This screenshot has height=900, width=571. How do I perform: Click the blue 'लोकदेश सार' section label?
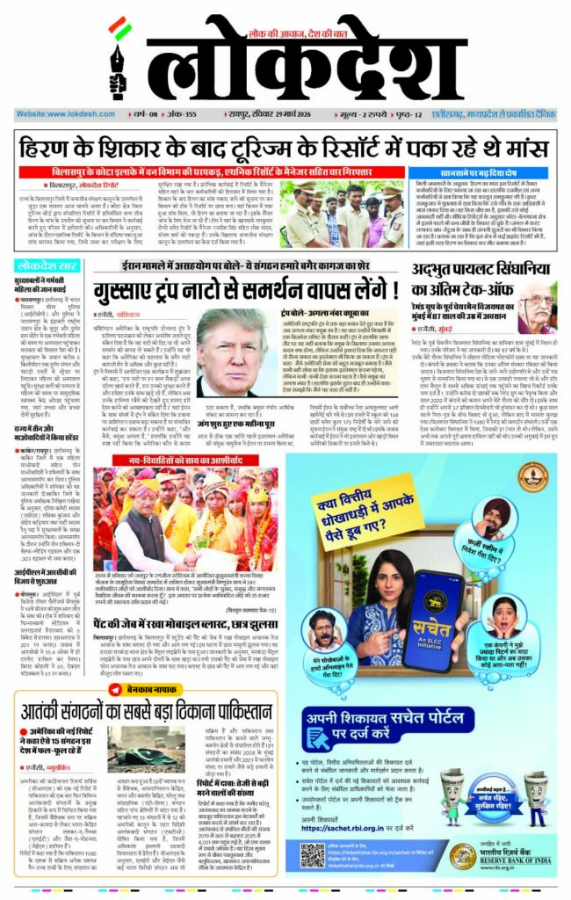[49, 265]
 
